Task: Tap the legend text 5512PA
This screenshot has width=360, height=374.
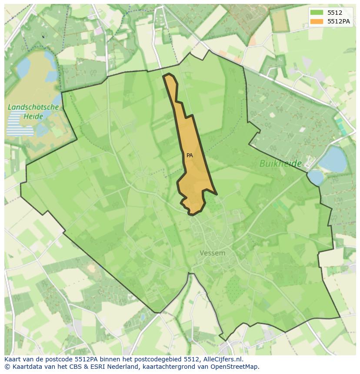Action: click(339, 21)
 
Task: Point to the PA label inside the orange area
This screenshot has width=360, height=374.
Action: click(190, 155)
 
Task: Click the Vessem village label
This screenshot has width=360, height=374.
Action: click(213, 253)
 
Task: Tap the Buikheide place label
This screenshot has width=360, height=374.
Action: click(280, 163)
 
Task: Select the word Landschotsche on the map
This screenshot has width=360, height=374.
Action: click(33, 107)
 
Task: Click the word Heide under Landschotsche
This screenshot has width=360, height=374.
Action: click(33, 116)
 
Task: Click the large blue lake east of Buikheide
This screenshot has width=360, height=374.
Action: click(333, 159)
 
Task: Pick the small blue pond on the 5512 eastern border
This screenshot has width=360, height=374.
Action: click(316, 177)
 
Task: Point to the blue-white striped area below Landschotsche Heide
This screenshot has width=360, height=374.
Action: click(19, 123)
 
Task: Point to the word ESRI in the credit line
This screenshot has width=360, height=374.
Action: click(98, 367)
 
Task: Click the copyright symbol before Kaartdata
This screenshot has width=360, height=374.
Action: click(7, 367)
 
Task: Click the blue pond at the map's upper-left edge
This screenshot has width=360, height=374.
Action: click(22, 67)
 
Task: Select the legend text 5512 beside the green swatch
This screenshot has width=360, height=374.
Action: click(335, 13)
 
